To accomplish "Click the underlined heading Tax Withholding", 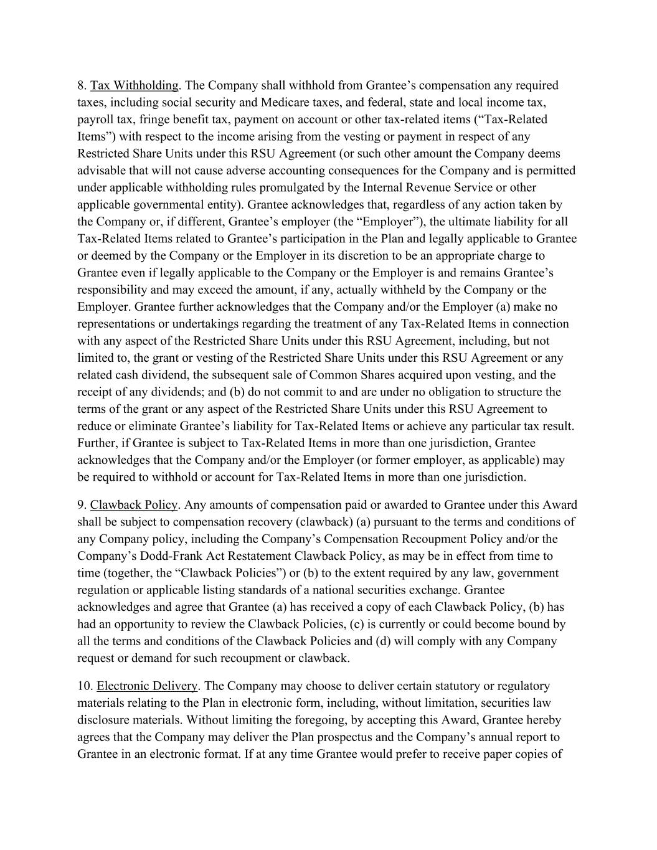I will [x=135, y=85].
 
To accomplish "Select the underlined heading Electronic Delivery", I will [x=147, y=686].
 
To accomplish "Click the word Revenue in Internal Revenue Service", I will [x=427, y=187].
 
